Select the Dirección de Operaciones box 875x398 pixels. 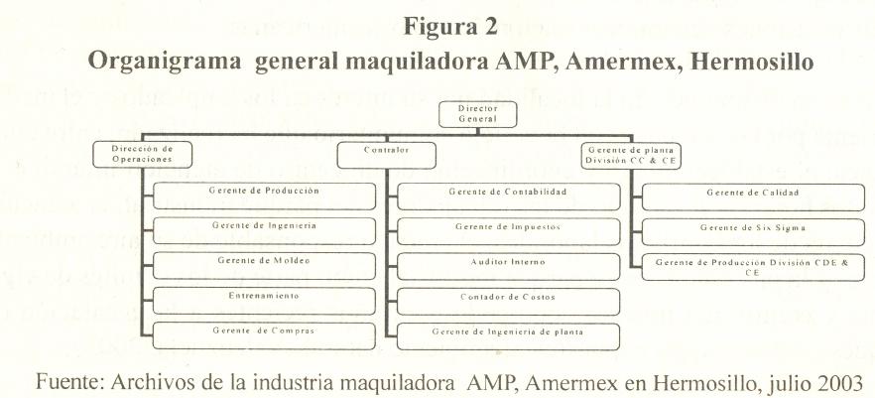(137, 153)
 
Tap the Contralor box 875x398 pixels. (386, 151)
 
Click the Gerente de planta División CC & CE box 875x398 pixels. (630, 154)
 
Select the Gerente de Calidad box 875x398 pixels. (752, 192)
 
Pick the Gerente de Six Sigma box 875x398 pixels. (752, 227)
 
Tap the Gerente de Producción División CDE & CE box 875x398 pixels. (752, 266)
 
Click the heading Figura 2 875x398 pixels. (451, 28)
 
